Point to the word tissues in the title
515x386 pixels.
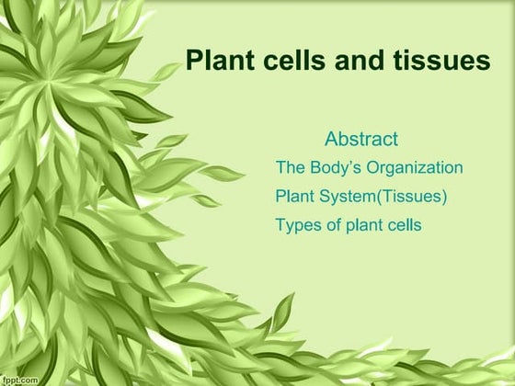438,61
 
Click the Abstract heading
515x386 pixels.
361,140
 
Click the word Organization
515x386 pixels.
418,168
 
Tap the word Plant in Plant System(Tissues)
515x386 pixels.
293,197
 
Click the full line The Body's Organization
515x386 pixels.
369,168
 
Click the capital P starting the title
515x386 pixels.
193,61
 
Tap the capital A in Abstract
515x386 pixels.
331,140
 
